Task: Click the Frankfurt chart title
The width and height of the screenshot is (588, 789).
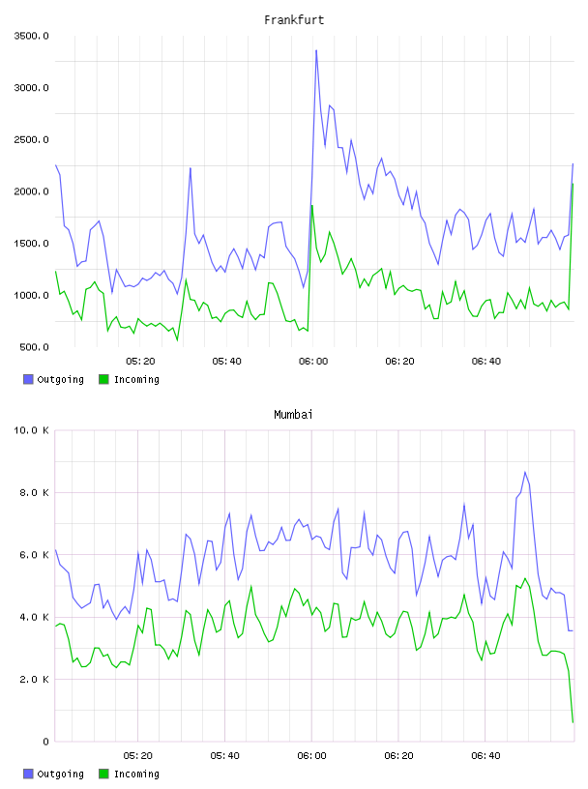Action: coord(294,20)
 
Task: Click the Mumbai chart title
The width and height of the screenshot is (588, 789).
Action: coord(293,415)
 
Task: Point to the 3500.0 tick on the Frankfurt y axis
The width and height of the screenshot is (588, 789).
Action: coord(31,36)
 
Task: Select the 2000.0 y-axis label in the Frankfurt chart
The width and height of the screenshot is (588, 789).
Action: coord(31,191)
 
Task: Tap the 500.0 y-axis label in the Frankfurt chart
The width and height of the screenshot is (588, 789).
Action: coord(34,347)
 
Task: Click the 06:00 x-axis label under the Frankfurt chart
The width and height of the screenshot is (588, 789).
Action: coord(313,362)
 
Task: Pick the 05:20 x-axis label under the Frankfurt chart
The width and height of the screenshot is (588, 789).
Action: coord(140,362)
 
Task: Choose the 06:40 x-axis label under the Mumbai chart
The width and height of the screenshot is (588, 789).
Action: coord(485,756)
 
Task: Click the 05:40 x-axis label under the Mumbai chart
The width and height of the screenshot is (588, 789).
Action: coord(224,756)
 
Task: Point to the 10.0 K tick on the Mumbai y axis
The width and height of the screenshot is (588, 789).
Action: coord(31,430)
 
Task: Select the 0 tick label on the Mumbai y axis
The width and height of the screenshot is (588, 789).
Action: coord(45,742)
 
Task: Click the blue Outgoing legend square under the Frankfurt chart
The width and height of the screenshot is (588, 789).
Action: coord(28,379)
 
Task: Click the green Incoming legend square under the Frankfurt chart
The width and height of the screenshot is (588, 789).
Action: coord(103,379)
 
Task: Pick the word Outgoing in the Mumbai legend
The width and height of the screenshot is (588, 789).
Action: coord(60,774)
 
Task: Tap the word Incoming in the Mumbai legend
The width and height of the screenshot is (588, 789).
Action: coord(136,774)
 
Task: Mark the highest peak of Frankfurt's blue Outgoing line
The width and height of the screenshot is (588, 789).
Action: coord(316,50)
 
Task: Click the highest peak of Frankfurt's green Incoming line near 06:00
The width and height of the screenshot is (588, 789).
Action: coord(312,205)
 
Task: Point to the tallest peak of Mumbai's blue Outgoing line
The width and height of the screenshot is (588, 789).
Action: coord(524,472)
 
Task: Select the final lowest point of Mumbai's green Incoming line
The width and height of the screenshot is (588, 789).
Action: coord(573,722)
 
